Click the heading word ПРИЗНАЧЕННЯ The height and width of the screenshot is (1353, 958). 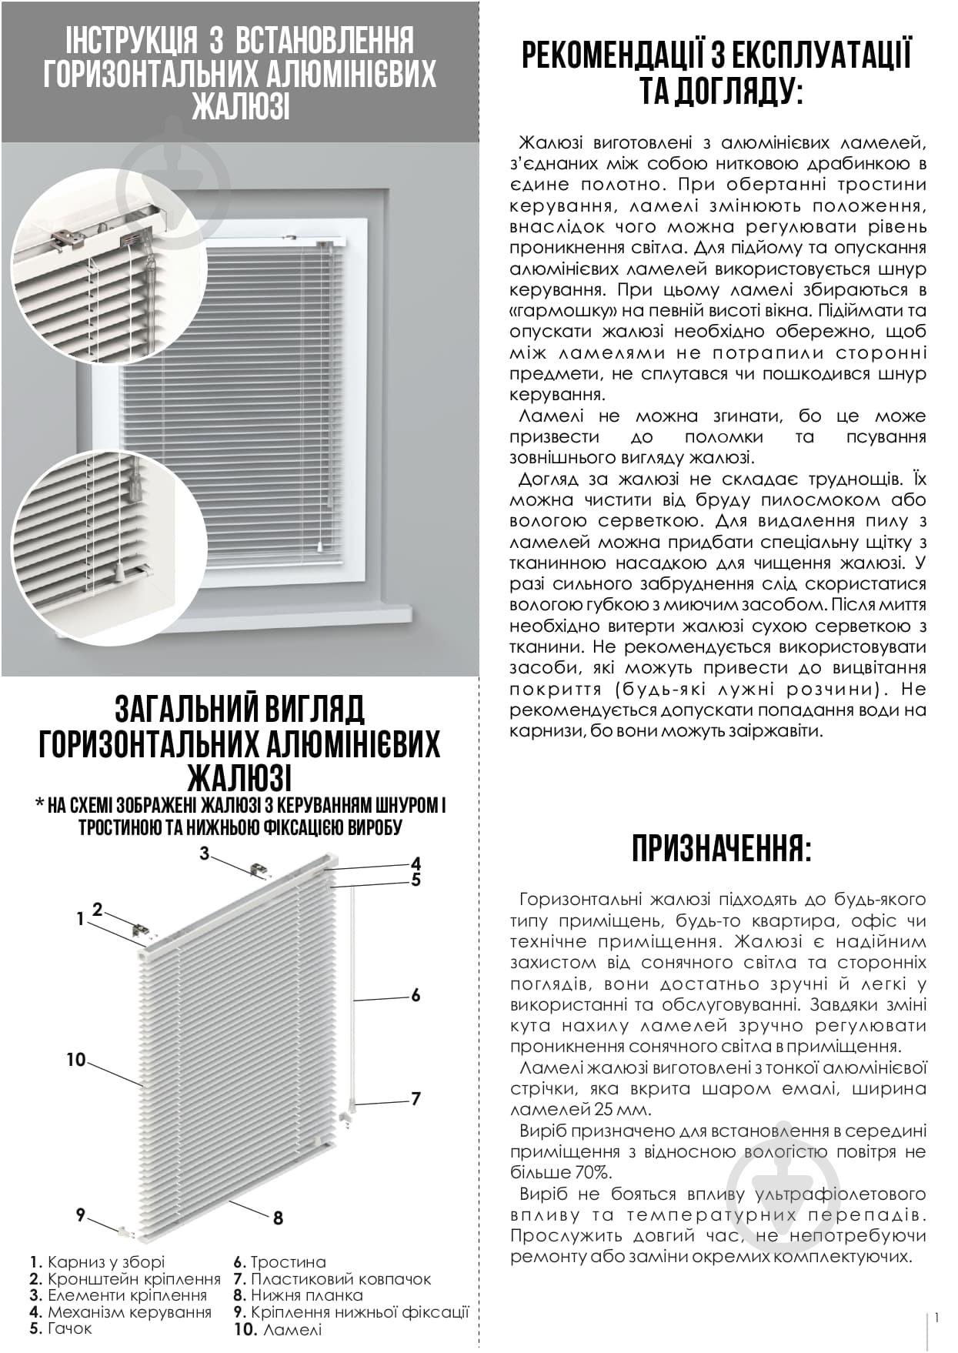click(x=720, y=848)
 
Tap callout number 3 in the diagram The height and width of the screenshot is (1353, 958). click(x=205, y=853)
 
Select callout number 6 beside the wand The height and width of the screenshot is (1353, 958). click(x=416, y=995)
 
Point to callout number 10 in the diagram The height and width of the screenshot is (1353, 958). click(x=75, y=1060)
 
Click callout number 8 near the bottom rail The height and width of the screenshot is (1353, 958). click(x=278, y=1218)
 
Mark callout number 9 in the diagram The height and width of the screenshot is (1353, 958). click(x=80, y=1214)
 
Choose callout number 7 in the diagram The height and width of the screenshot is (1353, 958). click(x=416, y=1098)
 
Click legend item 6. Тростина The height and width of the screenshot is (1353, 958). click(x=280, y=1262)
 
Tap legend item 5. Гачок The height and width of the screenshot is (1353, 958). click(x=61, y=1328)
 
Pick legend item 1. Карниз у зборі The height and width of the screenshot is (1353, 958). click(x=97, y=1262)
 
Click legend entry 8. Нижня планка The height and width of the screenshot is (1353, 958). click(x=288, y=1296)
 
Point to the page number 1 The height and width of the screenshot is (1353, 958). click(x=936, y=1318)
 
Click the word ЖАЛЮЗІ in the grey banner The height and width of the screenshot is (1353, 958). click(x=241, y=106)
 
